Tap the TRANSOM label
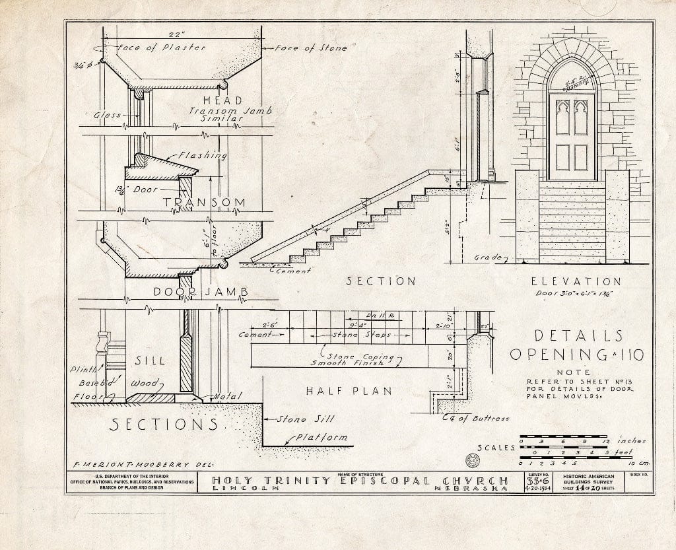pos(204,202)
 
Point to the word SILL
pos(149,361)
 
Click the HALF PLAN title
pos(349,391)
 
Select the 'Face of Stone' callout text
pos(310,48)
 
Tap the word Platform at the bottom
pos(321,437)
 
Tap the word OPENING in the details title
pos(553,355)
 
